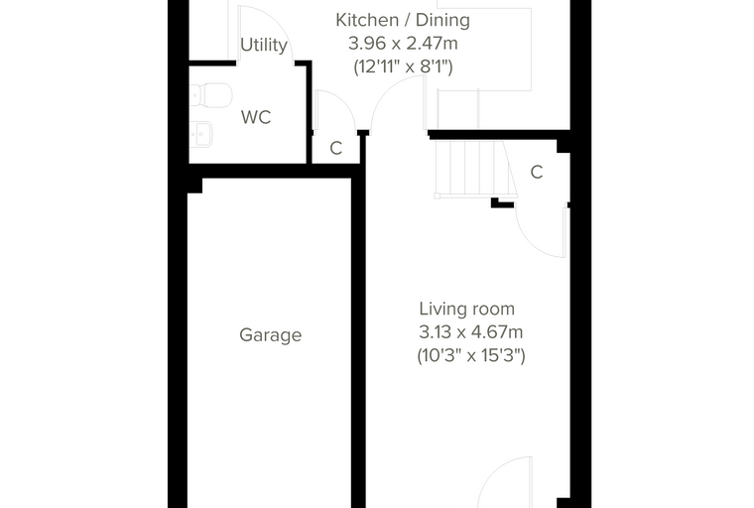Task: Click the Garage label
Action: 270,334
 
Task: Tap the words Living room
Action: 467,309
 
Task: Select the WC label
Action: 256,117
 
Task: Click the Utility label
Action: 264,45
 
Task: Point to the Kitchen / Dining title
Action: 403,20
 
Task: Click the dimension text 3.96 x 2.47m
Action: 403,44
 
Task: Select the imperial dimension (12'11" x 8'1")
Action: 403,65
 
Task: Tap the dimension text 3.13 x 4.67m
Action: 471,332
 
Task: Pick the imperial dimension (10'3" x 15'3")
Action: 471,355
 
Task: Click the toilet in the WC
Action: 211,95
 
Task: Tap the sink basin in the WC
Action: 201,134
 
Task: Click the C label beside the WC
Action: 336,148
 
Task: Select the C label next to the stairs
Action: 537,172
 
